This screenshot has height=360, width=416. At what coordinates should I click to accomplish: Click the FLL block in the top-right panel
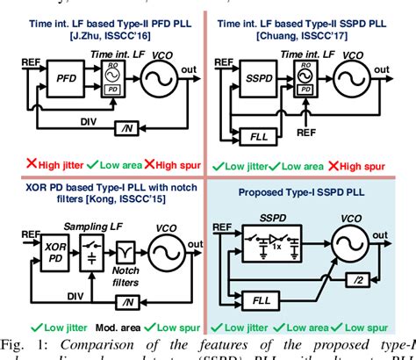point(258,136)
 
